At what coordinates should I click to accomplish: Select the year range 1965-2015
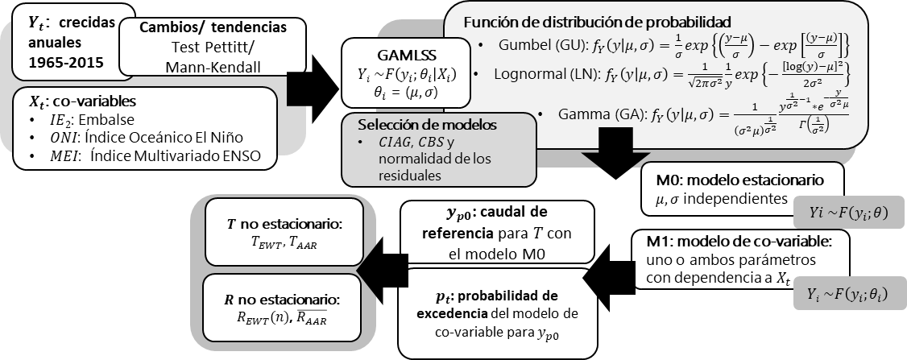[x=59, y=60]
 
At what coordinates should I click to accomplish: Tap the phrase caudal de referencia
[x=498, y=225]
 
